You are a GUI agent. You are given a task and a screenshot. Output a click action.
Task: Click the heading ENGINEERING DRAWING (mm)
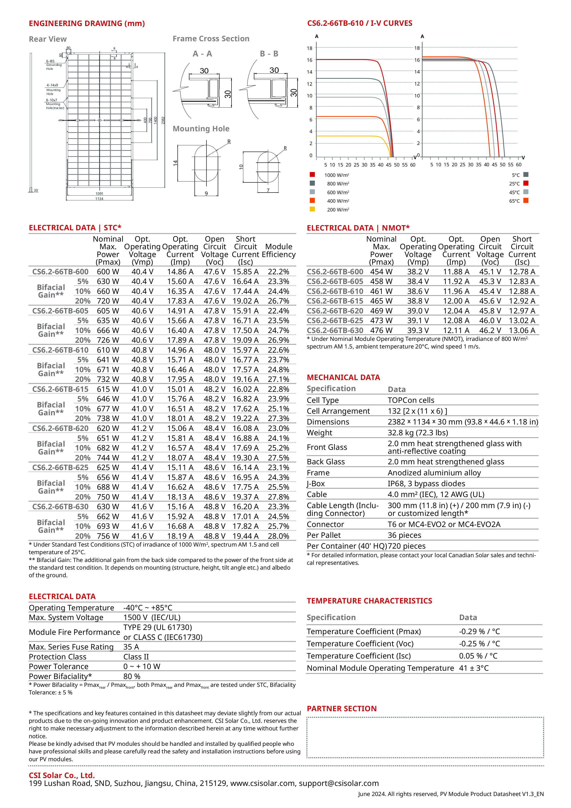(x=87, y=23)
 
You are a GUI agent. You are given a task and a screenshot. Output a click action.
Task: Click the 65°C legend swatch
(x=526, y=201)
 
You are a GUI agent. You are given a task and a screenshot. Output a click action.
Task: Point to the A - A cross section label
(x=202, y=54)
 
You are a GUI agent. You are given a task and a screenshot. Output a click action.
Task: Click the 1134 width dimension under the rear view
(x=99, y=199)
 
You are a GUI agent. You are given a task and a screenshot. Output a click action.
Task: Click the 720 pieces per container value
(x=406, y=546)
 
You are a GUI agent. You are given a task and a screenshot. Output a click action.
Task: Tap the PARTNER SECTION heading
(x=341, y=708)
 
